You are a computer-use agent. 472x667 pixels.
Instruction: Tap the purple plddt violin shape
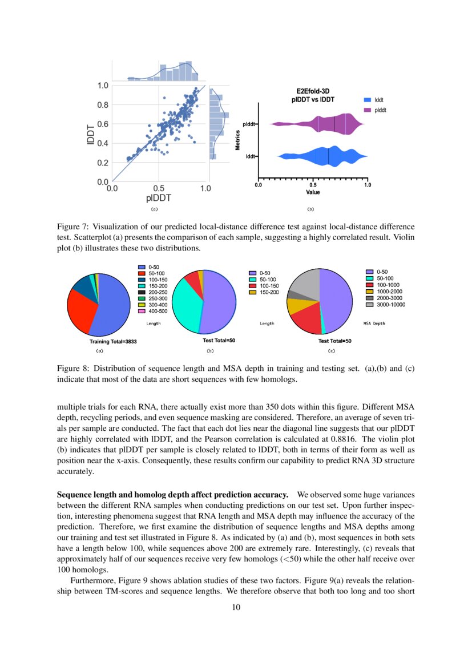[325, 124]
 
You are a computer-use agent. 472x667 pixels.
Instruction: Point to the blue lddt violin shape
[325, 156]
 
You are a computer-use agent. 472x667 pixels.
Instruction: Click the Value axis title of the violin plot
[313, 192]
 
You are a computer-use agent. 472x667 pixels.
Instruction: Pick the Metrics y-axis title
[237, 140]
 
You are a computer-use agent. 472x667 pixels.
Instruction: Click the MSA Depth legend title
[374, 324]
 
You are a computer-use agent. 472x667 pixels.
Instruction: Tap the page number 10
[236, 607]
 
